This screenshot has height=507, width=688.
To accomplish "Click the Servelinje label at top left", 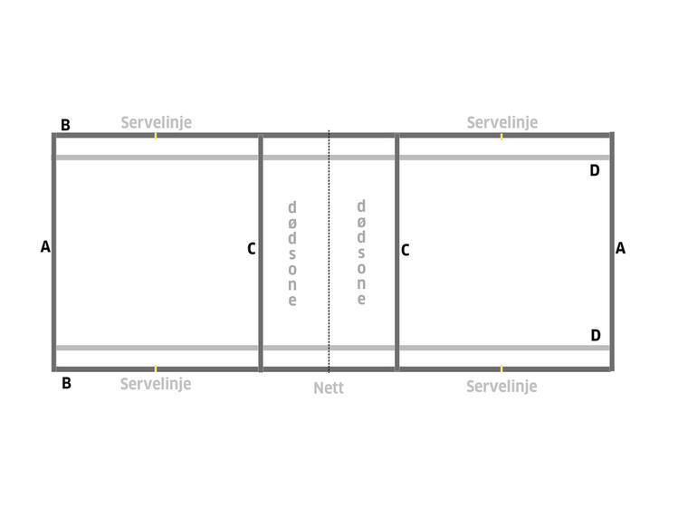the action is coord(157,123).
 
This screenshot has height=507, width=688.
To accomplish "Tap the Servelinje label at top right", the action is coord(502,123).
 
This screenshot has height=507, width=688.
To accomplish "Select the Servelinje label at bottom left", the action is coord(156,385).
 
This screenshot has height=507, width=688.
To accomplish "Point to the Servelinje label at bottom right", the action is coord(502,387).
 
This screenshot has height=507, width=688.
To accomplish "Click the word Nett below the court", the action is coord(329,388).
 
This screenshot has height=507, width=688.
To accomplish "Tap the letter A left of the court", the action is coord(45,246).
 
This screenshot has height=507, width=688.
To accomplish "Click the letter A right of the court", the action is coord(620,248).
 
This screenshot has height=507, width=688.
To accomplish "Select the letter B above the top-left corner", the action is coord(65,125).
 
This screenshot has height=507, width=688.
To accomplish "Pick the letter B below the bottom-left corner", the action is coord(66,383).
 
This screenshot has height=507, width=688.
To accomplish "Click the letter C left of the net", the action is coord(252,249).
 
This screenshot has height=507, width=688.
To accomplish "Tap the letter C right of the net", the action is coord(405,250).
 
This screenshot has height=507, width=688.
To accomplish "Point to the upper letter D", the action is coord(595,170).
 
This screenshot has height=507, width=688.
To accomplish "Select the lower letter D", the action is coord(596,335).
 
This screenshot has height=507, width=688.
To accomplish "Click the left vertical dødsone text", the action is coord(292,253).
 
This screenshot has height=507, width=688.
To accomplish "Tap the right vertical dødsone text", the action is coord(361,253).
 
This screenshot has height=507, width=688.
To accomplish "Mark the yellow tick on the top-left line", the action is coord(156,136).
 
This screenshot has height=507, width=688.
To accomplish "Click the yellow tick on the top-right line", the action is coord(502,136).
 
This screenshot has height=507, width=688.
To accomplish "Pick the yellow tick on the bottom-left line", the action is coord(156,368).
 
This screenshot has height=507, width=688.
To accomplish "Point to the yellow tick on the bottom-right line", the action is coord(502,368).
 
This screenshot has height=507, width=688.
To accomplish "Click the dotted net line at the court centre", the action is coord(330,252).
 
